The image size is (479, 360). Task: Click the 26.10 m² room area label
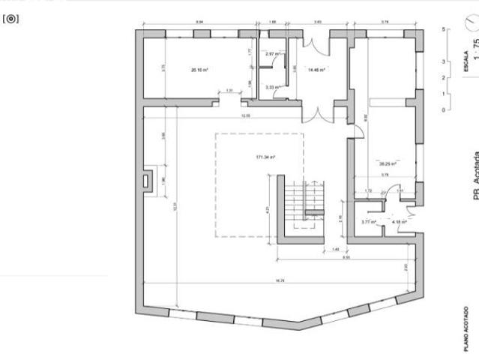[199, 70]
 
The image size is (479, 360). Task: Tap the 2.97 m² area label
[272, 55]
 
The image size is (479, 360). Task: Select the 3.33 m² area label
[272, 87]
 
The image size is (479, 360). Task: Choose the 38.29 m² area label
[388, 163]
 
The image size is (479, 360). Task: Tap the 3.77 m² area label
[368, 221]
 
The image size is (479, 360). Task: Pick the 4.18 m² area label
[399, 221]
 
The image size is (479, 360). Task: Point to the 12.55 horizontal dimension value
[245, 116]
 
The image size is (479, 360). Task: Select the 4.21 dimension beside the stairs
[268, 210]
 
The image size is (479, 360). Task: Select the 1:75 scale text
[475, 61]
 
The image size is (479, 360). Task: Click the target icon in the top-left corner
[10, 19]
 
